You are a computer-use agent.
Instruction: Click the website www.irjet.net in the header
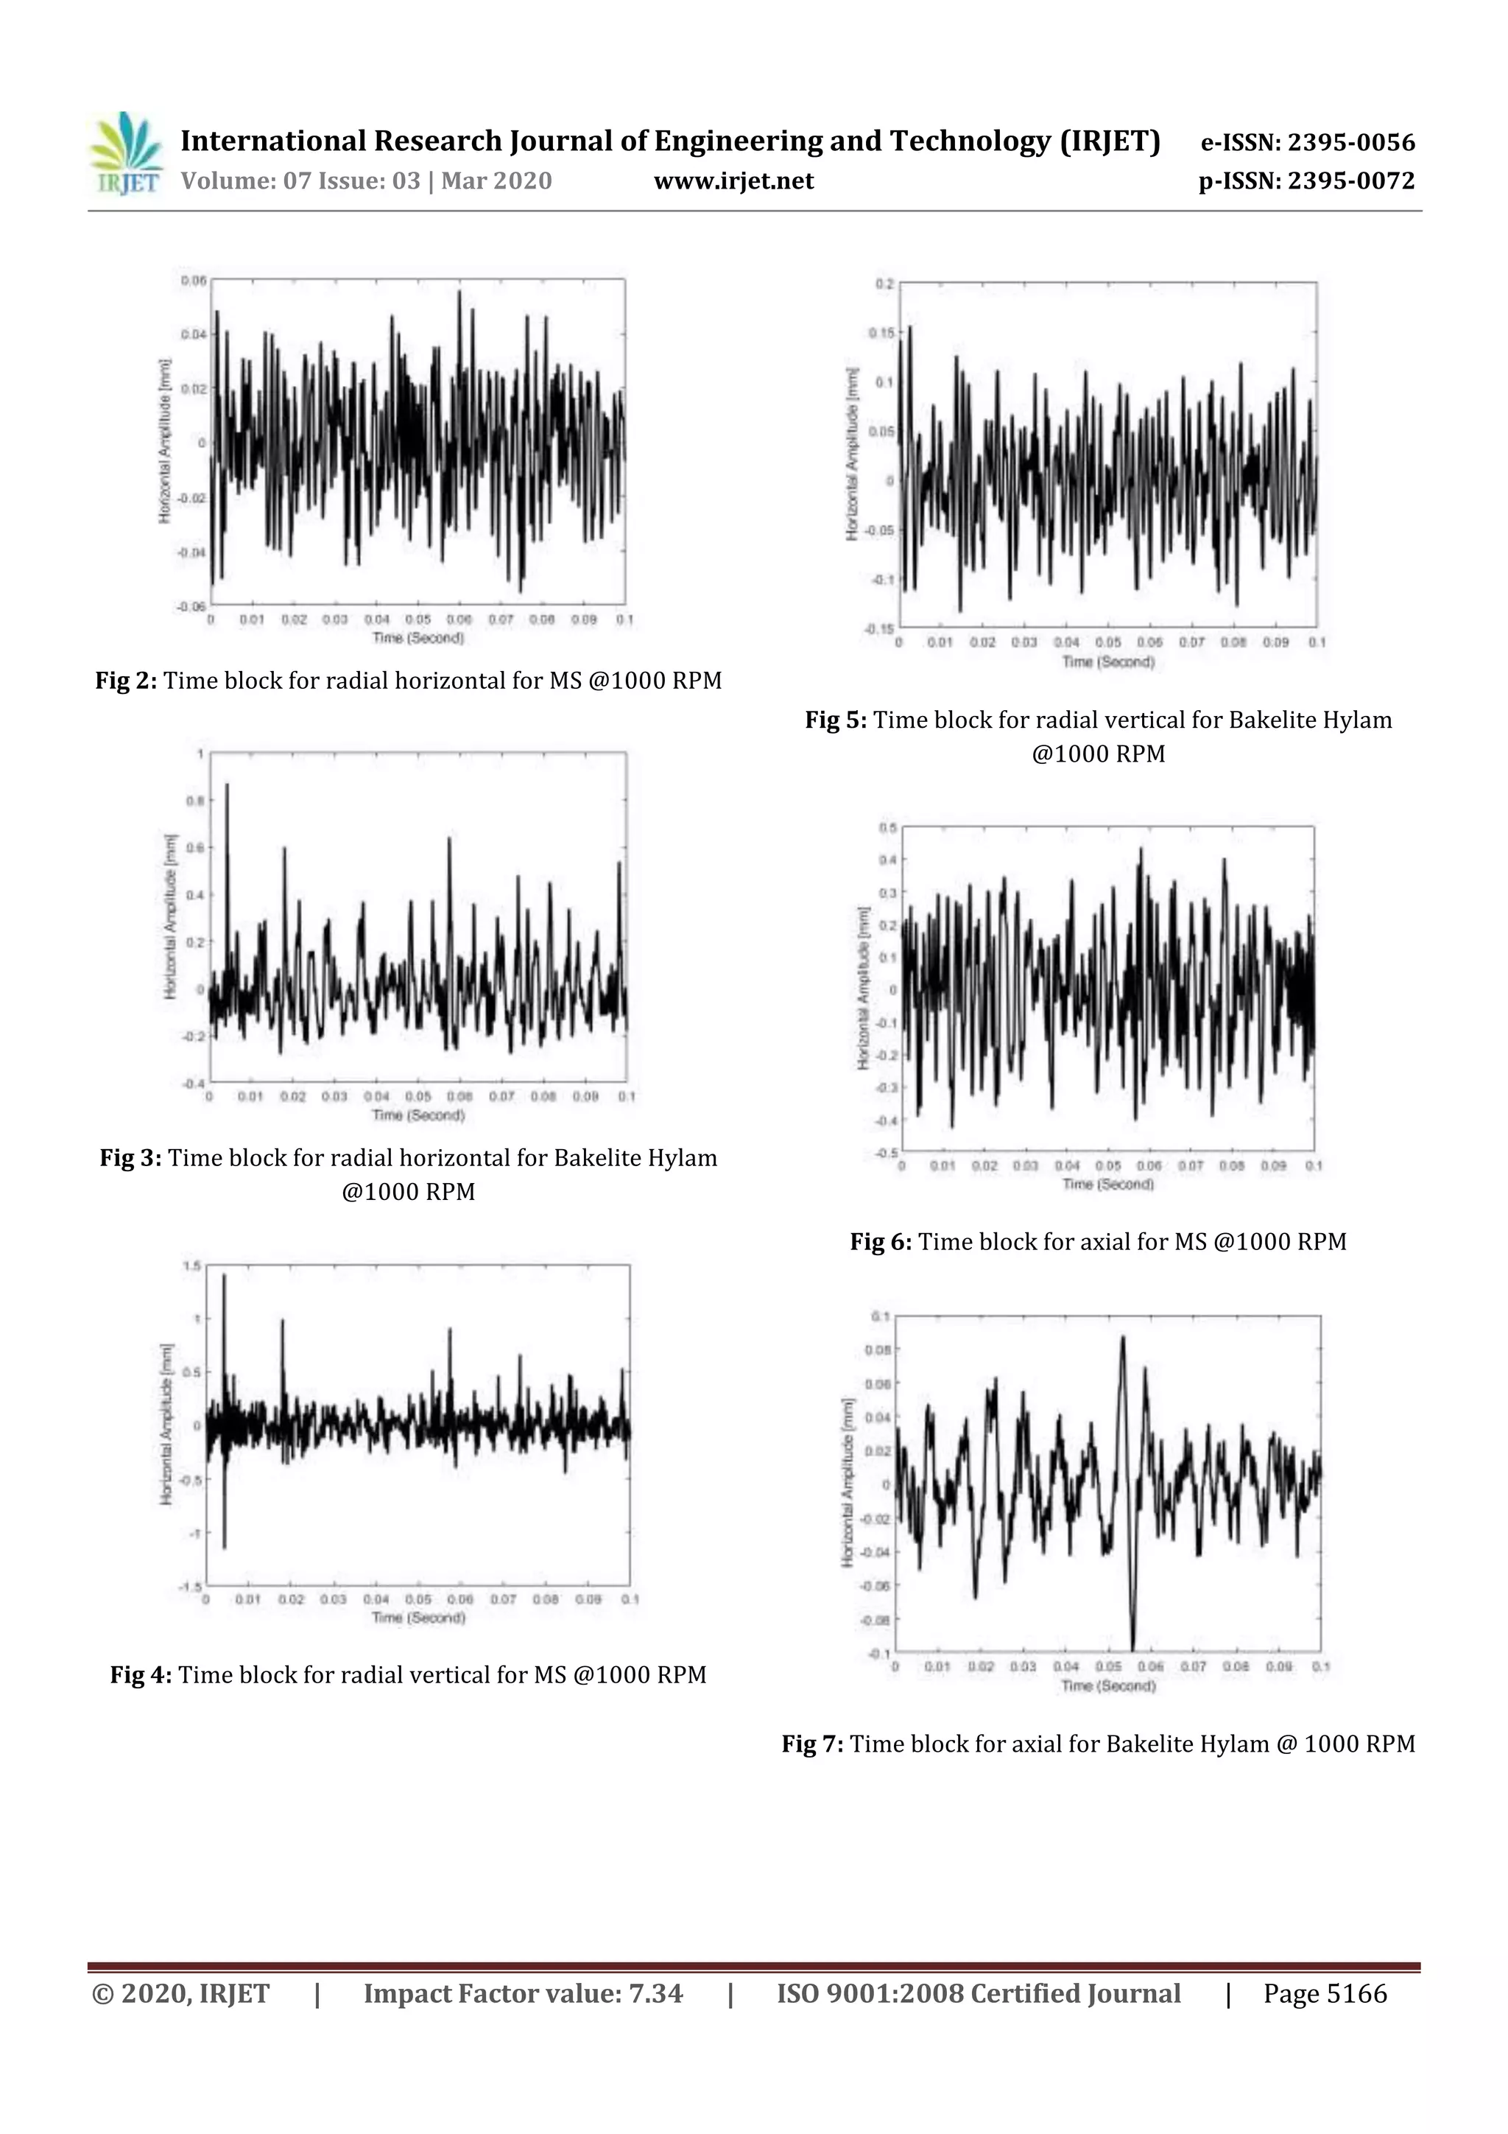tap(733, 181)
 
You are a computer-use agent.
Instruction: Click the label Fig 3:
tap(131, 1158)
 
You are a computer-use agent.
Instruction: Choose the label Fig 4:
tap(141, 1675)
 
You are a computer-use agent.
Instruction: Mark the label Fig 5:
tap(835, 720)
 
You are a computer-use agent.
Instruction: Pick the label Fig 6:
tap(881, 1242)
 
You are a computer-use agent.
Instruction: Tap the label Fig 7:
tap(812, 1744)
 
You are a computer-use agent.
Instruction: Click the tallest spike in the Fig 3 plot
tap(228, 786)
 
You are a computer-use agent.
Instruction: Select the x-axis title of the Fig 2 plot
tap(418, 638)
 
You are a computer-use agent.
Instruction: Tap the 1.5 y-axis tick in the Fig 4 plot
tap(191, 1266)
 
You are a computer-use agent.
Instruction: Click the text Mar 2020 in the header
tap(496, 181)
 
